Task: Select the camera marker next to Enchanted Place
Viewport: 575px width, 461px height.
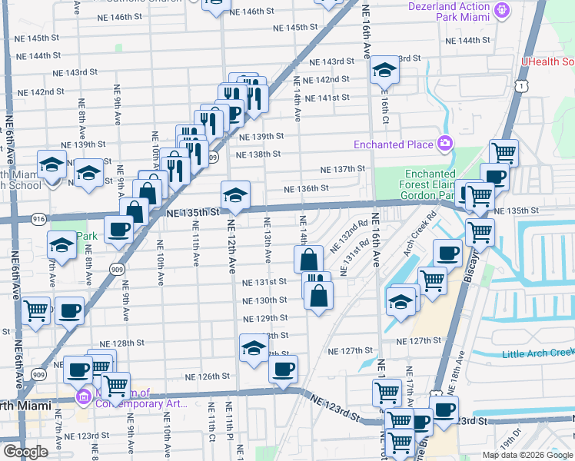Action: [x=444, y=144]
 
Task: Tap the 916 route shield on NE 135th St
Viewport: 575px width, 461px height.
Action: [x=38, y=220]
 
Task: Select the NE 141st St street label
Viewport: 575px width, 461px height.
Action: [x=327, y=98]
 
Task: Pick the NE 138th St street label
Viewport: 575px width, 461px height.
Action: [x=258, y=154]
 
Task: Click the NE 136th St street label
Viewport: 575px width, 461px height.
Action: [x=306, y=188]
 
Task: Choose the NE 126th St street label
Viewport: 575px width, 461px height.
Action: [x=208, y=376]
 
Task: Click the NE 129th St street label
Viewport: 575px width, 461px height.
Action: [x=264, y=318]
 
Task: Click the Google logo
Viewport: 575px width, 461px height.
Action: [x=25, y=453]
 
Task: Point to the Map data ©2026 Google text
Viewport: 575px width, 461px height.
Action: [x=527, y=455]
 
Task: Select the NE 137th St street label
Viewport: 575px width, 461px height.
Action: [x=342, y=169]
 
